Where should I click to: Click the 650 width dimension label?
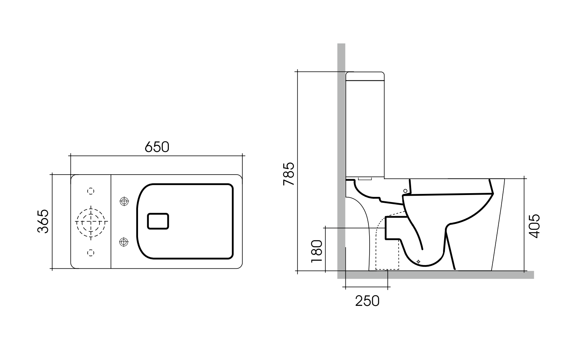click(157, 147)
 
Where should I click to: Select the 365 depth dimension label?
click(43, 221)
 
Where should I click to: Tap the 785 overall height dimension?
click(288, 174)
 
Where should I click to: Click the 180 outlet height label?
click(316, 251)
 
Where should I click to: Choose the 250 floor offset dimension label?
click(367, 301)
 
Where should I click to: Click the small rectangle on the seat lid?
click(158, 221)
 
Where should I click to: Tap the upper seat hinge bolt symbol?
click(124, 201)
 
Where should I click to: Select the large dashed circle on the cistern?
click(91, 221)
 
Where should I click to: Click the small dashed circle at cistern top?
click(91, 191)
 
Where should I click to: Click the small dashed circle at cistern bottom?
click(91, 252)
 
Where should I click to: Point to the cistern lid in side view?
click(365, 76)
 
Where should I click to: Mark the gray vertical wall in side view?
click(341, 148)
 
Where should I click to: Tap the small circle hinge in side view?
click(405, 191)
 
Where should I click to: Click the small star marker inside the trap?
click(419, 262)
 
